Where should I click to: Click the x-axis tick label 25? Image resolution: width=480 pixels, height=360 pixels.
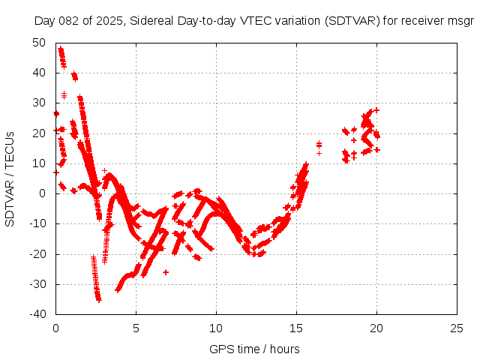click(457, 328)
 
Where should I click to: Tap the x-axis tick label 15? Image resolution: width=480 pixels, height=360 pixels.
click(296, 328)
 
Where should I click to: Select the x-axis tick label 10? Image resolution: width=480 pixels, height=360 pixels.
click(216, 328)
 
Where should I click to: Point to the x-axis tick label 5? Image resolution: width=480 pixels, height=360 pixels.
click(136, 328)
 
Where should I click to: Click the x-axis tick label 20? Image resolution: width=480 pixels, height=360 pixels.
click(376, 328)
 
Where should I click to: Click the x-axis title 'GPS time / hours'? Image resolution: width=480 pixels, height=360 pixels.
click(255, 349)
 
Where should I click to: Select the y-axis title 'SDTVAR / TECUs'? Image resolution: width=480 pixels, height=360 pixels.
click(10, 178)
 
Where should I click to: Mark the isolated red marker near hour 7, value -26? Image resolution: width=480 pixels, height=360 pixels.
click(166, 272)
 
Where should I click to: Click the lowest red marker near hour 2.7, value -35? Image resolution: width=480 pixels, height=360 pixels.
click(99, 299)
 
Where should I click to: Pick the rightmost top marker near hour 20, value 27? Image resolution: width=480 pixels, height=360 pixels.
click(376, 110)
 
